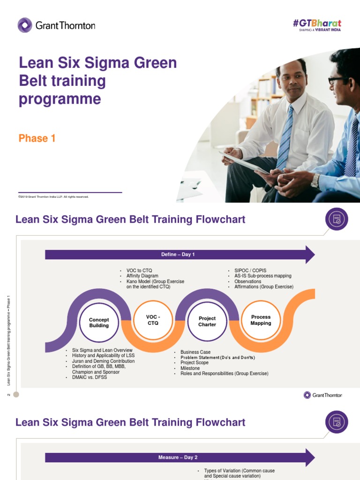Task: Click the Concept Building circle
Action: click(x=99, y=322)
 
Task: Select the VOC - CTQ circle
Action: click(x=153, y=320)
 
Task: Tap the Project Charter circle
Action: click(x=207, y=321)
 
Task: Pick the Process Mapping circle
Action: click(x=261, y=320)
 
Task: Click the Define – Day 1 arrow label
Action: click(x=178, y=255)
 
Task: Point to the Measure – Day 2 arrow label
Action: click(x=178, y=457)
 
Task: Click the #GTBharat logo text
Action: click(x=317, y=23)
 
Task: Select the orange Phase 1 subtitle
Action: click(x=37, y=138)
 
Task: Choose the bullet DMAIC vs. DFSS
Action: click(x=90, y=377)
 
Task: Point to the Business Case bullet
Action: click(x=195, y=352)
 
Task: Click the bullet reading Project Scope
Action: click(x=195, y=363)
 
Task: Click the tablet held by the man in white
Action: click(x=244, y=162)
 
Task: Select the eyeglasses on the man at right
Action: click(x=336, y=80)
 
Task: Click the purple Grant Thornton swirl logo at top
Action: click(x=25, y=25)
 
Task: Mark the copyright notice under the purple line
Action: click(x=53, y=197)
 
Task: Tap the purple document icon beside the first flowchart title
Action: click(x=337, y=219)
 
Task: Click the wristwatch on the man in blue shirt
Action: click(x=315, y=180)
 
